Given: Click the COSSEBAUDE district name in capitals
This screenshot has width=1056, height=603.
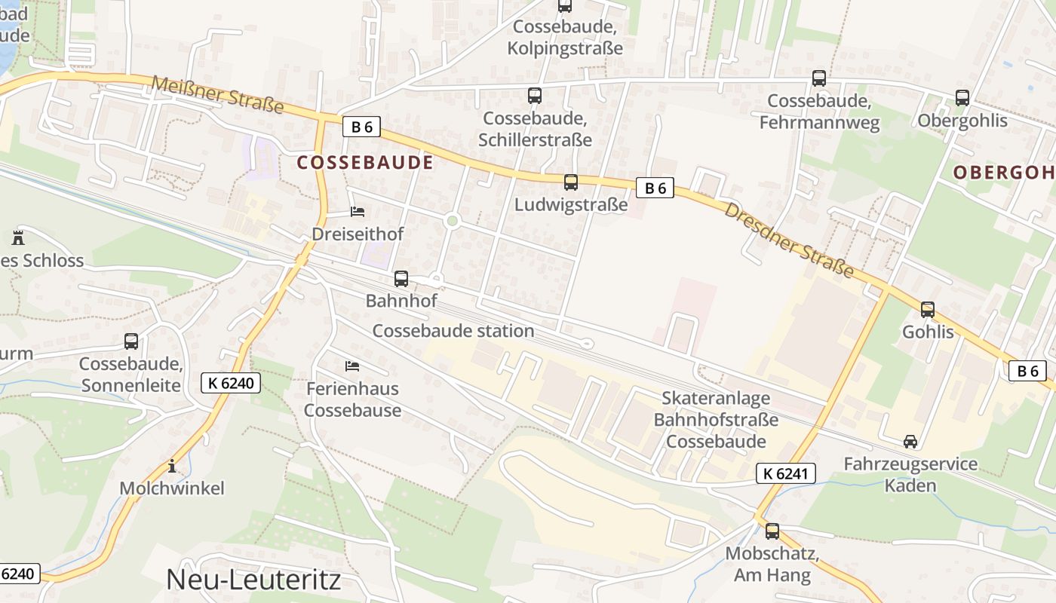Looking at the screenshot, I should coord(365,163).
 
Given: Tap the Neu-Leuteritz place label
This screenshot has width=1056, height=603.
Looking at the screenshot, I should coord(253,579).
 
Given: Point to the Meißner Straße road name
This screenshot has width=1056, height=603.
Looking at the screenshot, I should coord(217,95).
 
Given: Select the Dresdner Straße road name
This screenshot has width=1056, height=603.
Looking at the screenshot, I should coord(789,238).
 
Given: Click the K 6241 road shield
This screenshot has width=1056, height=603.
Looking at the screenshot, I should coord(785,473).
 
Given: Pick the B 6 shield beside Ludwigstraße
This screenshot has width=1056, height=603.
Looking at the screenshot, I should coord(654,188).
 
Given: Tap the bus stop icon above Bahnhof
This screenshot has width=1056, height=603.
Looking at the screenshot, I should coord(401,279).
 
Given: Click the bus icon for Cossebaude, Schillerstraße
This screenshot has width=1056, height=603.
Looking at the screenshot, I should coord(535,96).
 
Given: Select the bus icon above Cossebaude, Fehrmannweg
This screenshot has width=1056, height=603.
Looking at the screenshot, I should coord(819,78).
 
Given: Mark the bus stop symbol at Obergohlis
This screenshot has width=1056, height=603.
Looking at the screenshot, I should coord(962,98).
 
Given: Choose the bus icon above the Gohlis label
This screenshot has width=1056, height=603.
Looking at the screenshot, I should coord(928,309).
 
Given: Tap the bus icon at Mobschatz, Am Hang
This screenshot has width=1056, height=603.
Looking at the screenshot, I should coord(772,531).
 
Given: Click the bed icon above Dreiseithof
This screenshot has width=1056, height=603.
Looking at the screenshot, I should coord(358,212).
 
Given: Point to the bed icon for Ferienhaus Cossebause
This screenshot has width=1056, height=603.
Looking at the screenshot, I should coord(352,366).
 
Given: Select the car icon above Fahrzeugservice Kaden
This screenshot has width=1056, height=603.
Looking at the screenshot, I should coord(910,442).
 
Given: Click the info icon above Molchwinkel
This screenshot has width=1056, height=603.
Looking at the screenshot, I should coord(172,466).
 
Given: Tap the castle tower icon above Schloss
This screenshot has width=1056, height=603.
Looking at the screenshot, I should coord(18,238).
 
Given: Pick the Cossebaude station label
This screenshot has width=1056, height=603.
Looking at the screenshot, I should coord(453,331).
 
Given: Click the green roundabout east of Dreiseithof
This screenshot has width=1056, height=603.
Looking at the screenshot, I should coord(452,221).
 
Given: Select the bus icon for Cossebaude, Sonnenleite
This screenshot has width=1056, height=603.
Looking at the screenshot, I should coord(131,341).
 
